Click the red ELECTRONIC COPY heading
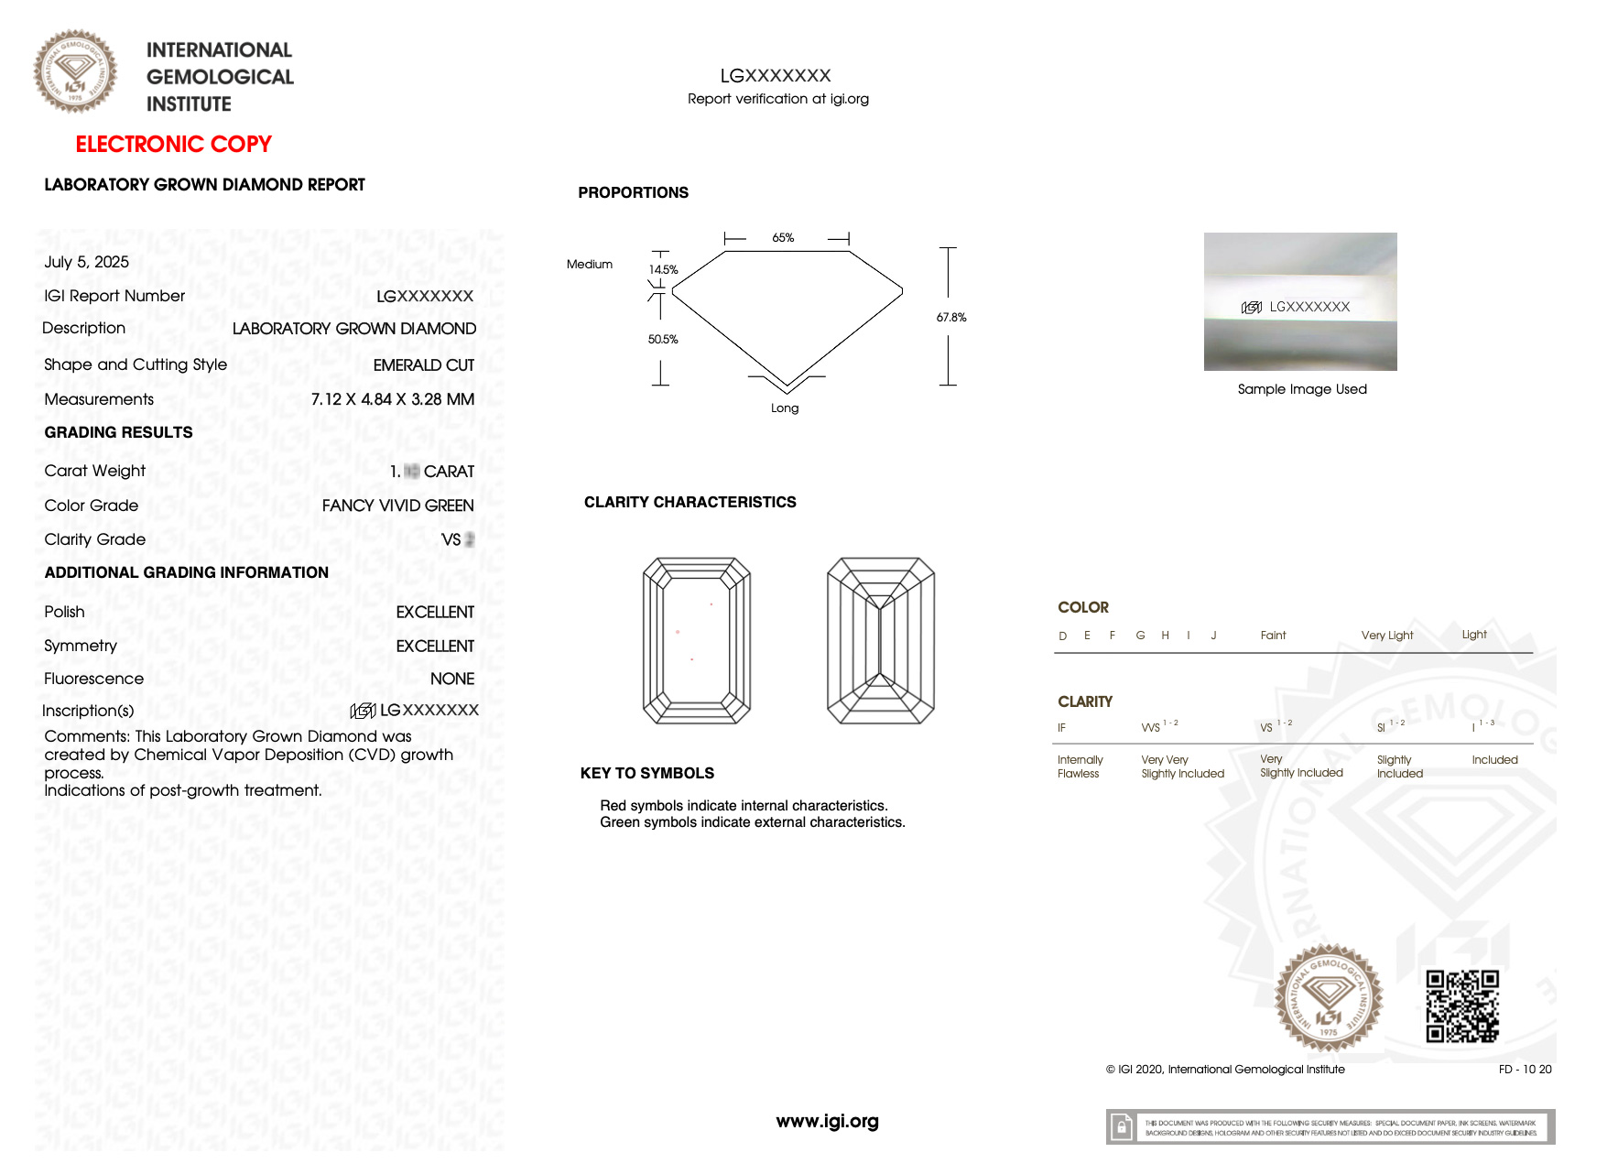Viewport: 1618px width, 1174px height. [173, 145]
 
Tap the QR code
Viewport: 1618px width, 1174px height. [1462, 1006]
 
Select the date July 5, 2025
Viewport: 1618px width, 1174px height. [87, 262]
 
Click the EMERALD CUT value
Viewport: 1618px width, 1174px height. [424, 365]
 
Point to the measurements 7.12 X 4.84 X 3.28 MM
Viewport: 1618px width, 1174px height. [393, 399]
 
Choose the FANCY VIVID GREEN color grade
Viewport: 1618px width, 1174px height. [398, 505]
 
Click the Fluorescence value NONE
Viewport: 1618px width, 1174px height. [452, 679]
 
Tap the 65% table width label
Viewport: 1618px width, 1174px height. [783, 238]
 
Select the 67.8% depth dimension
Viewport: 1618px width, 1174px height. [951, 318]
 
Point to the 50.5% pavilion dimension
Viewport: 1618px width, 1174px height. [663, 340]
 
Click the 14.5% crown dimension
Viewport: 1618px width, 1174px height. [663, 270]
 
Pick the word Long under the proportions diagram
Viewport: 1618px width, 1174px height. [785, 408]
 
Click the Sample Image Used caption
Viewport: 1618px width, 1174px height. [1302, 389]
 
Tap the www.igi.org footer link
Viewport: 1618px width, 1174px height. [827, 1121]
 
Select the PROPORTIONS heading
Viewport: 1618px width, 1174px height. [633, 192]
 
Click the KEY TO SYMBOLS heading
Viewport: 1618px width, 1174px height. [646, 773]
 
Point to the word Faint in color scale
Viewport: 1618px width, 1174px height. [1273, 636]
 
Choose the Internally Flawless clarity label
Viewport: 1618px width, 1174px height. [1080, 766]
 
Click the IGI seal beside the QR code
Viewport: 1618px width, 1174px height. [1329, 997]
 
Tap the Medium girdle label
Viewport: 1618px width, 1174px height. [590, 265]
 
